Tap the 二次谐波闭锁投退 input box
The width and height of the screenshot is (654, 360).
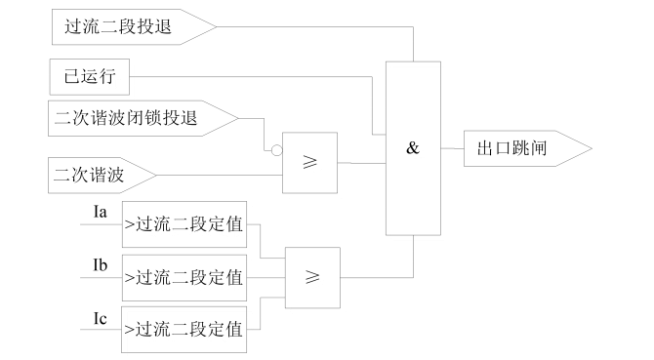tap(137, 120)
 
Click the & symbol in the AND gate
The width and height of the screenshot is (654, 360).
tap(412, 149)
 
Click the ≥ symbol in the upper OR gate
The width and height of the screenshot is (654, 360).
tap(310, 162)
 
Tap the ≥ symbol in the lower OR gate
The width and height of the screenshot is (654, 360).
tap(313, 278)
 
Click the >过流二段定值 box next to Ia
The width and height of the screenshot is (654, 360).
tap(183, 226)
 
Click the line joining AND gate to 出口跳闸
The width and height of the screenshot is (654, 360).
tap(453, 148)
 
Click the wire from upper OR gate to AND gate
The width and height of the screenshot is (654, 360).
tap(361, 162)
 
